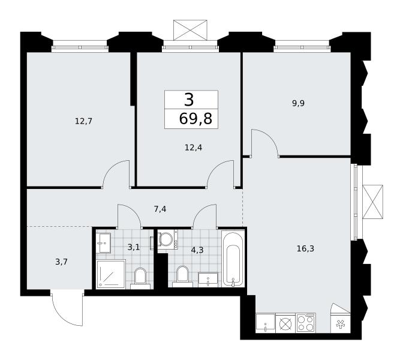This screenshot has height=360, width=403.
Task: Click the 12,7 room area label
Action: [83, 121]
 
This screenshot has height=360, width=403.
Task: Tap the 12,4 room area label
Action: [193, 148]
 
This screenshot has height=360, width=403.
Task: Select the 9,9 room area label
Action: [298, 103]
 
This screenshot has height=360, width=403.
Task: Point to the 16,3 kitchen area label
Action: [305, 248]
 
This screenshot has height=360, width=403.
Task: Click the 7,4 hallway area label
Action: [160, 209]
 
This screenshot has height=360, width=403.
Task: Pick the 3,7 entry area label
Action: [61, 262]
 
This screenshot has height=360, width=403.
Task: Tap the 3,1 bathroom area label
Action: [133, 247]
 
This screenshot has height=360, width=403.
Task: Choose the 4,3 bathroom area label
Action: [197, 250]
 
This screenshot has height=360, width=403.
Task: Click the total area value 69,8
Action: [196, 119]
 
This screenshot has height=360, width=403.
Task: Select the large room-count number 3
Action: [189, 100]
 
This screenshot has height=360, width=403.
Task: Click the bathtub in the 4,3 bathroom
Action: [233, 258]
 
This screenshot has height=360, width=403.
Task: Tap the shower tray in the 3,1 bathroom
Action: [111, 274]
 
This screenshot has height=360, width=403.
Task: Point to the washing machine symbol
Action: [167, 239]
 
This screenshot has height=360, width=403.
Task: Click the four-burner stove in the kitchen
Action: [306, 323]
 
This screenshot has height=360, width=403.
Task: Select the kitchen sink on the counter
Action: [266, 323]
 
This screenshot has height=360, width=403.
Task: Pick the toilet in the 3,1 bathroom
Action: [140, 278]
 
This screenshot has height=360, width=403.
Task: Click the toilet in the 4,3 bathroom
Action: [182, 277]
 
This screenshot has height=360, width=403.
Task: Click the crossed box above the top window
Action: [190, 30]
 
